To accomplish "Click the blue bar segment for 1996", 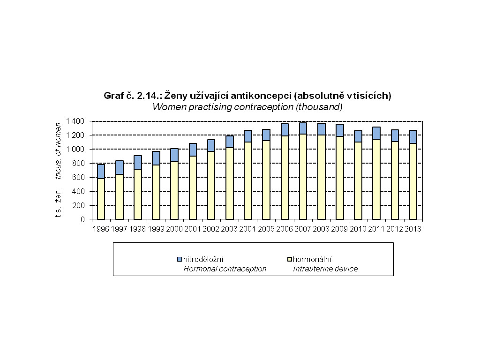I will [x=101, y=172].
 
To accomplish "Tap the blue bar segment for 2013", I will [x=413, y=137].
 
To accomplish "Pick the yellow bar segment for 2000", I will [x=174, y=190].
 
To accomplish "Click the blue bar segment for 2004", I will [x=248, y=136].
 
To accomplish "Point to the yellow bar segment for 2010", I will [x=358, y=180].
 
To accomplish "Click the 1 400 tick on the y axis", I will [x=75, y=121].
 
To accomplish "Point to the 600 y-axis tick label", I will [x=79, y=177].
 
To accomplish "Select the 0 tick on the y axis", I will [x=82, y=219].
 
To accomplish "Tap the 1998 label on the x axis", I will [x=138, y=229].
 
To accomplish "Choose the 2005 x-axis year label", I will [x=266, y=229].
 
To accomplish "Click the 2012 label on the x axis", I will [x=395, y=229].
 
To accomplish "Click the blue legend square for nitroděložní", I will [x=180, y=259].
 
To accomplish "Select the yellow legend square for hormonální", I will [x=289, y=259].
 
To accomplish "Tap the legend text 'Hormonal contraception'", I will [x=225, y=269].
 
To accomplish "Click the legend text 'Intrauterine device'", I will [x=325, y=269].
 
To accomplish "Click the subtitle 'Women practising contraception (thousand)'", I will [x=247, y=107].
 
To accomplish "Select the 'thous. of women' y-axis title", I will [x=59, y=150].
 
